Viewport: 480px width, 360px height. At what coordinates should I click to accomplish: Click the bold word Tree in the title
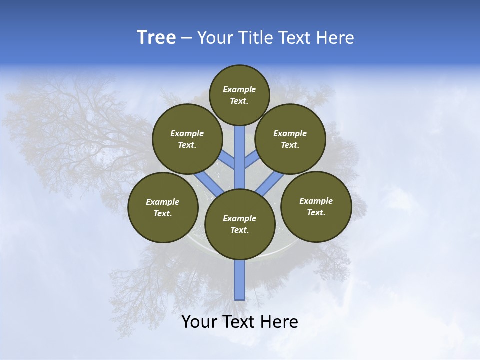(x=156, y=38)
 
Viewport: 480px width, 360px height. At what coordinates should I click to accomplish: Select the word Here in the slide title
(x=336, y=38)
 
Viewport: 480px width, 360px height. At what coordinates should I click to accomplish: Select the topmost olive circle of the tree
(x=239, y=95)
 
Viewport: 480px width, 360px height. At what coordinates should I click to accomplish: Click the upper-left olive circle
(x=187, y=139)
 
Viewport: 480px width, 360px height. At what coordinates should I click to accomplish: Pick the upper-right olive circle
(x=290, y=139)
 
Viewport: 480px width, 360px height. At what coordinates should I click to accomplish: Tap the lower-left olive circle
(x=162, y=207)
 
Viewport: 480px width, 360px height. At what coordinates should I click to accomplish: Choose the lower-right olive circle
(x=316, y=206)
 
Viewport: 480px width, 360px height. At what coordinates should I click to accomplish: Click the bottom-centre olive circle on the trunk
(x=240, y=224)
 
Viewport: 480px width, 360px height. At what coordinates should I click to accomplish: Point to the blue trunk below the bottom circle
(x=240, y=280)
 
